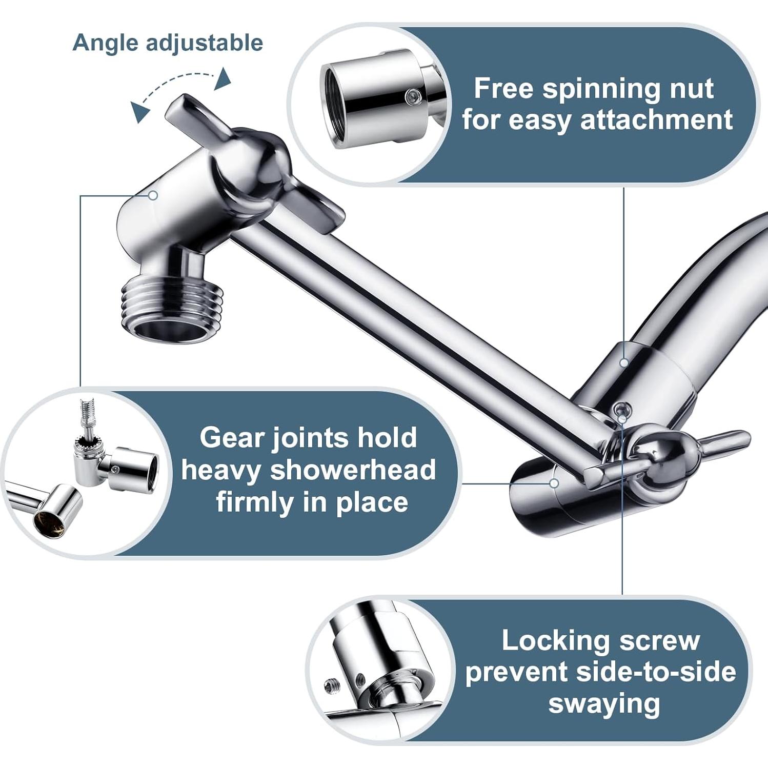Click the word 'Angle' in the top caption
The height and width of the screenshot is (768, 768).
pyautogui.click(x=105, y=43)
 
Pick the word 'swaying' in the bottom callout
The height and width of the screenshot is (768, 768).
pyautogui.click(x=604, y=703)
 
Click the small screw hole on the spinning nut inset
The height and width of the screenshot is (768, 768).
pyautogui.click(x=411, y=95)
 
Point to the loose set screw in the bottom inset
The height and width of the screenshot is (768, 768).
pyautogui.click(x=330, y=684)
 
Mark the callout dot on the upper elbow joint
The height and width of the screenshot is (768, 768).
pyautogui.click(x=153, y=195)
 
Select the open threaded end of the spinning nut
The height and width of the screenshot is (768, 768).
pyautogui.click(x=336, y=105)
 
